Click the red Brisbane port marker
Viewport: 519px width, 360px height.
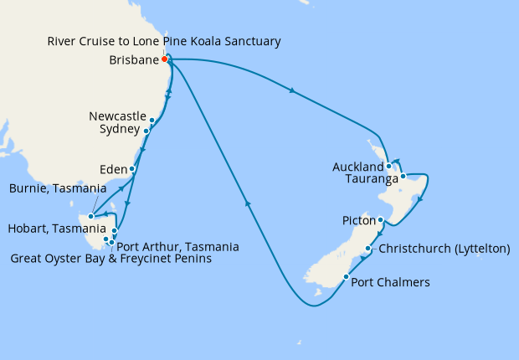pos(166,59)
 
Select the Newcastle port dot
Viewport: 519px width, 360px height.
pos(152,121)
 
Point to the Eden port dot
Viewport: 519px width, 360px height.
pos(132,168)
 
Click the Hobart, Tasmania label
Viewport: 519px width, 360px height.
pos(55,229)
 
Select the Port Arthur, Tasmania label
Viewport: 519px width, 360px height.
pos(178,247)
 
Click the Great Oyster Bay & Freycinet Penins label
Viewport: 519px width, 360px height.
pos(110,260)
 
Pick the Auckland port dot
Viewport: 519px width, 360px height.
pos(389,166)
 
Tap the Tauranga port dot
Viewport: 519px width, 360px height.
pos(403,177)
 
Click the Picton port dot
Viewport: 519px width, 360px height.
pos(380,220)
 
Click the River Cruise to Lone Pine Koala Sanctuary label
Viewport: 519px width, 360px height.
pos(164,41)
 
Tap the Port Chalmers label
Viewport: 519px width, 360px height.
pos(391,283)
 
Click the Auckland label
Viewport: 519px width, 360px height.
pos(357,166)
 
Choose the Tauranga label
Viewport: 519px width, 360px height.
pos(369,178)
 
